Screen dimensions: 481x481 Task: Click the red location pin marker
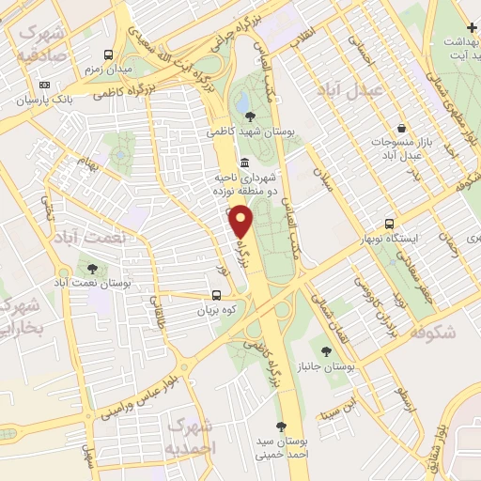[x=242, y=222]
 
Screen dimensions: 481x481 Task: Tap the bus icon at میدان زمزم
[x=109, y=55]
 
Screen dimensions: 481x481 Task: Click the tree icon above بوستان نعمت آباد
[x=90, y=268]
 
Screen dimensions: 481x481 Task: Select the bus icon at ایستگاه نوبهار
[x=390, y=224]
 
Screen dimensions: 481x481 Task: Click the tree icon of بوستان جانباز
[x=326, y=351]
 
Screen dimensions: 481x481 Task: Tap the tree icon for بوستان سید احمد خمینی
[x=280, y=424]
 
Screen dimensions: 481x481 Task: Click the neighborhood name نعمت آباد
[x=89, y=237]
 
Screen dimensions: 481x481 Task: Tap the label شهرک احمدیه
[x=191, y=438]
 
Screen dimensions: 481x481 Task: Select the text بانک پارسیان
[x=47, y=99]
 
